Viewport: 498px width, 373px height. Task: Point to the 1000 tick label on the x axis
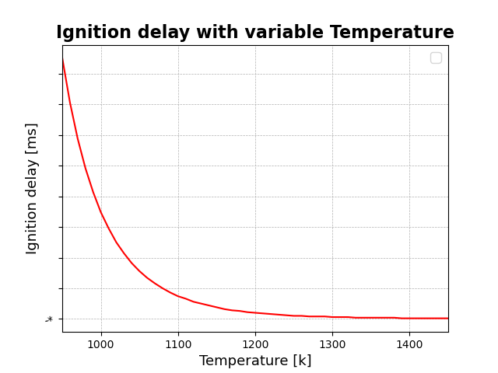coord(101,344)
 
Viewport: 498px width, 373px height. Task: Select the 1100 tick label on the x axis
coord(178,344)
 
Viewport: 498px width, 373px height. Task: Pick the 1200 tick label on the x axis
coord(255,344)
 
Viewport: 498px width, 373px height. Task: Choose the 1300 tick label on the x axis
coord(332,344)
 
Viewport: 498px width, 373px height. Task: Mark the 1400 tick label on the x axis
coord(409,344)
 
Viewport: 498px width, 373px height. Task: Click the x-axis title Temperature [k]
coord(255,361)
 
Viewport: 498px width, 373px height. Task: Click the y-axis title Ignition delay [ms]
coord(32,188)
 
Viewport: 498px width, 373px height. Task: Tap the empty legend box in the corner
coord(436,58)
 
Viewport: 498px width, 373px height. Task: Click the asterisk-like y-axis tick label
coord(49,319)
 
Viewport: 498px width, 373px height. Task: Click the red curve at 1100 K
coord(178,296)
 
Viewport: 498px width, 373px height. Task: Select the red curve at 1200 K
coord(255,312)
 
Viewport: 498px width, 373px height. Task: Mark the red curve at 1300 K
coord(332,317)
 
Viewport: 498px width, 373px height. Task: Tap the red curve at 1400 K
coord(409,318)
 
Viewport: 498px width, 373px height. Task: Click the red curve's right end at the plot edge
coord(447,318)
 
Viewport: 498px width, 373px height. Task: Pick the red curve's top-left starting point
coord(63,59)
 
